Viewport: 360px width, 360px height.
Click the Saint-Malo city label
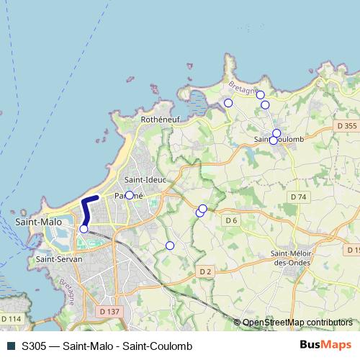point(38,222)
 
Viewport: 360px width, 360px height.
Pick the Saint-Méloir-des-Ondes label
point(291,257)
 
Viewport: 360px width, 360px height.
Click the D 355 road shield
point(346,126)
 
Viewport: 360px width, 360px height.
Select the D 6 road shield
point(231,220)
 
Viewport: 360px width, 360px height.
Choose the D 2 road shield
point(205,271)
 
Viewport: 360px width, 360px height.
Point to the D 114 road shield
point(11,318)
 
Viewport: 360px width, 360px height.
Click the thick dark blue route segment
point(87,210)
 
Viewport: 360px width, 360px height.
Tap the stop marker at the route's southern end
point(84,228)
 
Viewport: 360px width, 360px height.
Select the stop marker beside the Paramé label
point(130,195)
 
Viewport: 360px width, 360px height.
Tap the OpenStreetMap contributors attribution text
point(297,323)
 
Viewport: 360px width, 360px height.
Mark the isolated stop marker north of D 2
point(170,246)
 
